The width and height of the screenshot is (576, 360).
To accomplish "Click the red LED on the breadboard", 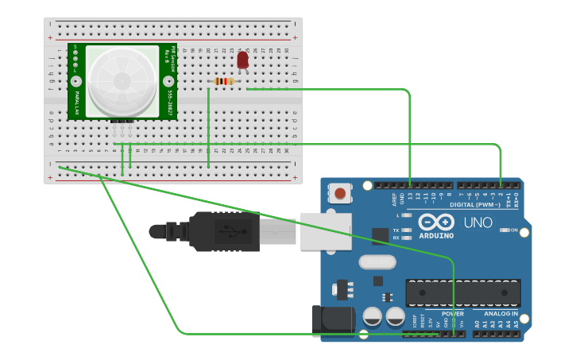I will click(x=243, y=60).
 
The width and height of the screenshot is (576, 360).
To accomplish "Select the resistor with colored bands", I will click(x=225, y=81).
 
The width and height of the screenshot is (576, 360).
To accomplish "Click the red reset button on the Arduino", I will click(x=341, y=193).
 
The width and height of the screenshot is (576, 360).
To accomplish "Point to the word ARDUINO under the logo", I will click(x=436, y=235).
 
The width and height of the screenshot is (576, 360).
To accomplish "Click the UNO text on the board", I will click(x=477, y=223).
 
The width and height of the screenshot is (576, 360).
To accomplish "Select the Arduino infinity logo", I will click(x=436, y=222).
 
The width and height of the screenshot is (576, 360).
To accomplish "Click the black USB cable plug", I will click(x=222, y=232).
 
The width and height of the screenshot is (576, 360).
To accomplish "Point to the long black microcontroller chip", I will click(x=463, y=293).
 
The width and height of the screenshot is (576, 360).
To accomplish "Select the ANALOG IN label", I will click(x=501, y=314).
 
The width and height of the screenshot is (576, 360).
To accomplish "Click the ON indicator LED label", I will click(x=513, y=230).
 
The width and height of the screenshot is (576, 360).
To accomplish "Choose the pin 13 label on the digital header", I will click(x=411, y=196).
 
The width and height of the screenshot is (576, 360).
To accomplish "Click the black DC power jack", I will click(x=334, y=320).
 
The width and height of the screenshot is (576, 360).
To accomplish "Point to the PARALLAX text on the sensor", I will click(x=77, y=103).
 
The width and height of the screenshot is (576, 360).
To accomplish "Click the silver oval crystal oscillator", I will click(x=377, y=261).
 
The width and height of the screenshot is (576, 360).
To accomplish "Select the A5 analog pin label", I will click(x=516, y=323).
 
